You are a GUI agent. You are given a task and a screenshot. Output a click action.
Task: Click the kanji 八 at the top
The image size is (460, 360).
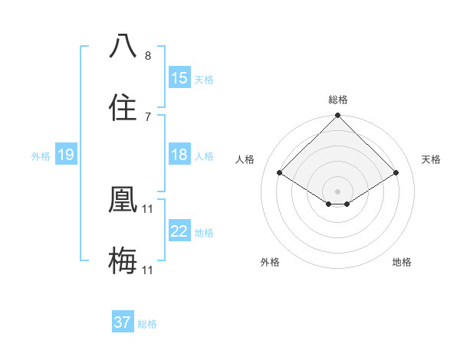point(123,47)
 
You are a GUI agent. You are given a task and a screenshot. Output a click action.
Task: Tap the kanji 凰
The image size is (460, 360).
point(123,200)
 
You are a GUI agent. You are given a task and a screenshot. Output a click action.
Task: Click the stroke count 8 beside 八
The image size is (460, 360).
point(148,56)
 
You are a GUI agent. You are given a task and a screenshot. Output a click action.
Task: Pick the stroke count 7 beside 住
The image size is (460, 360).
point(148,116)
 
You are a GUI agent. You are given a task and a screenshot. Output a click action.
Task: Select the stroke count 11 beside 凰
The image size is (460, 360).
point(149,208)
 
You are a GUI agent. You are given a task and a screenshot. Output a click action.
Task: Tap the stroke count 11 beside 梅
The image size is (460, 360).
point(149,270)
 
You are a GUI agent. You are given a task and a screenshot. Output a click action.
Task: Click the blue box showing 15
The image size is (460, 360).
point(179,78)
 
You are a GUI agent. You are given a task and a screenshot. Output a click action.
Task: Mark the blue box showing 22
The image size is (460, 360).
point(179,232)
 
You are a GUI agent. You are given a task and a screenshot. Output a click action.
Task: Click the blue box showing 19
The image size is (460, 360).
point(65,155)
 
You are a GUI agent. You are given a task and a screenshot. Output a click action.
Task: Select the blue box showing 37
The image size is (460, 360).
point(123,322)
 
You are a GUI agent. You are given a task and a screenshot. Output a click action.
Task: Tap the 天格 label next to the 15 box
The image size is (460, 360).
point(204,79)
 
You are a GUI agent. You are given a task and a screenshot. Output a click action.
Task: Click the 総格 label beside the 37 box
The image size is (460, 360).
point(148,324)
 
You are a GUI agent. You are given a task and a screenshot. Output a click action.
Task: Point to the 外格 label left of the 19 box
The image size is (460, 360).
point(41,156)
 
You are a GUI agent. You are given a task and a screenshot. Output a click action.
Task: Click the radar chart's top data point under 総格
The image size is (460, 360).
point(337,116)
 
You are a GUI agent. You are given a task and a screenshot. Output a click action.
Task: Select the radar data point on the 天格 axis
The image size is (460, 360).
point(396,172)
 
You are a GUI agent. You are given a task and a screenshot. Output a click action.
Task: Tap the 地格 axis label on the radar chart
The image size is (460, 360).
point(402,262)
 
